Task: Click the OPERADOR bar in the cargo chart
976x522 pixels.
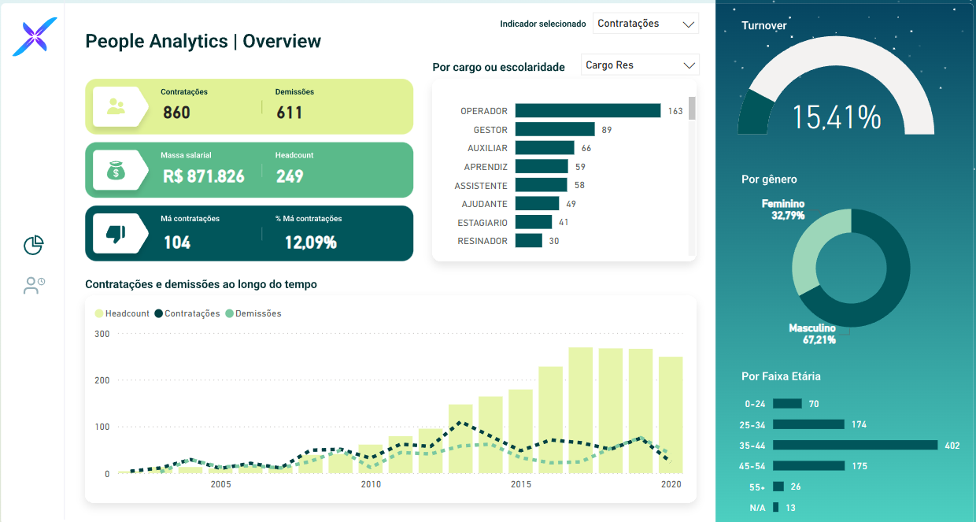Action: pos(587,111)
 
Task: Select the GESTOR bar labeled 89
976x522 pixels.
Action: pos(555,130)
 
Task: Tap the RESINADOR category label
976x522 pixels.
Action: pos(482,241)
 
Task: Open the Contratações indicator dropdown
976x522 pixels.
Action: pos(645,24)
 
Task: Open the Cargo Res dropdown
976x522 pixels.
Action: pos(640,65)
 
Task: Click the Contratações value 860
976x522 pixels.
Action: pos(176,113)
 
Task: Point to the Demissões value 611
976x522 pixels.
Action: pos(289,113)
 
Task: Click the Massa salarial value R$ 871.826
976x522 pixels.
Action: pos(203,176)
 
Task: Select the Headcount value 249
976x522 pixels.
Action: pos(290,176)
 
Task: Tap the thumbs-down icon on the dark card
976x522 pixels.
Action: pos(116,234)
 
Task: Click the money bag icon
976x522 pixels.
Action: pos(116,170)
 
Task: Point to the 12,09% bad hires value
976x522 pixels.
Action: pos(310,242)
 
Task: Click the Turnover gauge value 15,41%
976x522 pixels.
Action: pos(836,117)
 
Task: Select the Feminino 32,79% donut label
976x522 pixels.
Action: pos(783,209)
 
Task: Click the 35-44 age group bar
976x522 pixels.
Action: pos(855,446)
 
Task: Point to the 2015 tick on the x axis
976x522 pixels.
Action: pos(520,484)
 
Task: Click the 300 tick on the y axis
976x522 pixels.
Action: pos(102,334)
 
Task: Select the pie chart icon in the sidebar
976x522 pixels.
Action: pos(33,246)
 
